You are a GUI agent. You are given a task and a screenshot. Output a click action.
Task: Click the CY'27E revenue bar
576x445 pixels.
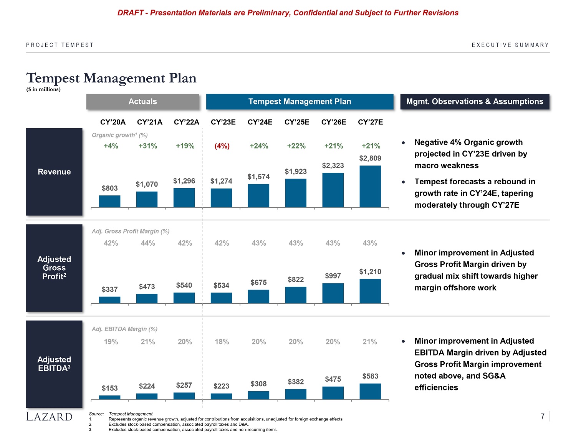tap(370, 187)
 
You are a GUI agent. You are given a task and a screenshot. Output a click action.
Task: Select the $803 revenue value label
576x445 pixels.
tap(110, 188)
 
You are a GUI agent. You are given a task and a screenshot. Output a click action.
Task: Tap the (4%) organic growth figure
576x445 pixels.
tap(222, 146)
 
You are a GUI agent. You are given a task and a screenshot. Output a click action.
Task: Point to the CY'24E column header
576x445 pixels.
tap(260, 122)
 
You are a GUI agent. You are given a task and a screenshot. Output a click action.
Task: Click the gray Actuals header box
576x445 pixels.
tap(143, 102)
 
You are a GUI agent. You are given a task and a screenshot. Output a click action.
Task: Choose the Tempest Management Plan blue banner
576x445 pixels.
tap(300, 102)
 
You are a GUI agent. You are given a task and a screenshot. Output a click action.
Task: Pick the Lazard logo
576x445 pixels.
tap(49, 417)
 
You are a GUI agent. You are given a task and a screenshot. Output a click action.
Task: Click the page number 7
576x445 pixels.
tap(543, 417)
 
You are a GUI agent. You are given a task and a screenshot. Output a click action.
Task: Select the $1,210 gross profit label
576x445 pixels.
tap(370, 272)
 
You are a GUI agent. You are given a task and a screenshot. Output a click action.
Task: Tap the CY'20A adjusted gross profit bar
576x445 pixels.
tap(110, 300)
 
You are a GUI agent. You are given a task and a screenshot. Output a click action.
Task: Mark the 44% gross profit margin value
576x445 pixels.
tap(148, 243)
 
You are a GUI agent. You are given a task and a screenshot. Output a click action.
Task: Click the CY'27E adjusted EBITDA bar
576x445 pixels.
tap(370, 391)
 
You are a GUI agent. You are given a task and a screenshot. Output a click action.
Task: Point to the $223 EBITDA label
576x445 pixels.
tap(221, 386)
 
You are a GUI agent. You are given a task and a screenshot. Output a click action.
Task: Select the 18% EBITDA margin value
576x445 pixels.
tap(222, 342)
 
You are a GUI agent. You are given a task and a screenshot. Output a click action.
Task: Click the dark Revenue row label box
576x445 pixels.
tap(54, 172)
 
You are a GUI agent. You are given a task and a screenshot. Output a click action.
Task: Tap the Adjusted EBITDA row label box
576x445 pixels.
tap(54, 364)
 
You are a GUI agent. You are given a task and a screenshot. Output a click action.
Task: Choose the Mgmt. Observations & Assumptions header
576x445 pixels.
tap(475, 102)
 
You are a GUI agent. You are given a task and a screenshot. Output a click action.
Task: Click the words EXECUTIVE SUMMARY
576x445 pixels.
tap(510, 45)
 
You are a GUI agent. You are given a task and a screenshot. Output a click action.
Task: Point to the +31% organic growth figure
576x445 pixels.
tap(148, 146)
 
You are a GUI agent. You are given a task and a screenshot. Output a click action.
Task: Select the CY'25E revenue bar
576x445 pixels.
tap(296, 193)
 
